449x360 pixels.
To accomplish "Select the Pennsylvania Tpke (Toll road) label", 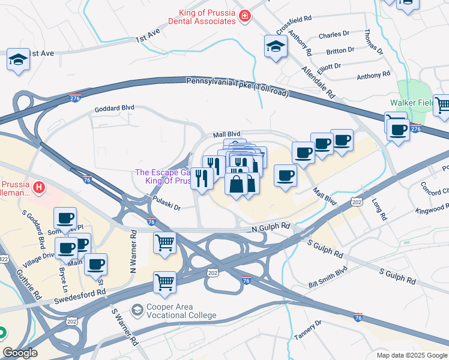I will (238, 87).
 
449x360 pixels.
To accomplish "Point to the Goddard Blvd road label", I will (114, 110).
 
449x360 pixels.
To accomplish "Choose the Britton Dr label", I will (340, 51).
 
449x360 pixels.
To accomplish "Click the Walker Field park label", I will (411, 103).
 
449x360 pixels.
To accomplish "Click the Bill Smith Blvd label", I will (328, 277).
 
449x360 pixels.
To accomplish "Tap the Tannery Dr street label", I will (307, 331).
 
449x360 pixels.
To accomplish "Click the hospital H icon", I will (39, 188).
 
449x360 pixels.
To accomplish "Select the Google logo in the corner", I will (20, 353).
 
